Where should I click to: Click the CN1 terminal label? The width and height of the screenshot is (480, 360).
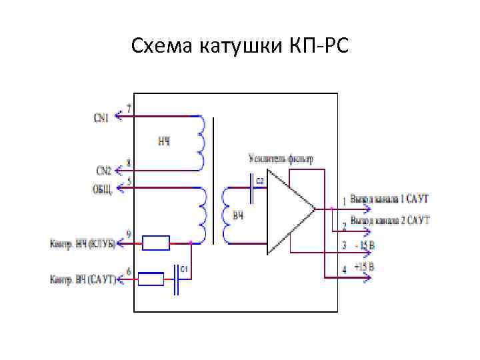click(101, 118)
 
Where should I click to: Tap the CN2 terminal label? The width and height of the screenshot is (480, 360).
click(103, 170)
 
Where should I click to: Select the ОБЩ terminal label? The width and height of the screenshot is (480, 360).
click(103, 188)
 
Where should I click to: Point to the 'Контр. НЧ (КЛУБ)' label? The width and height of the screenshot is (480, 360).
click(82, 244)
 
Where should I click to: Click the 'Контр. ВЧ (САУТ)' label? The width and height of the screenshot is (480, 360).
click(82, 279)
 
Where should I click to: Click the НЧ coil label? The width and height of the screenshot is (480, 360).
click(164, 141)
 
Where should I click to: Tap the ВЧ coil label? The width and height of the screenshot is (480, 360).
click(238, 216)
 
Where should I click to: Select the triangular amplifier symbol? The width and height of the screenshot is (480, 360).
click(288, 210)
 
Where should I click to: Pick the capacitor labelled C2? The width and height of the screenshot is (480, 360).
click(253, 189)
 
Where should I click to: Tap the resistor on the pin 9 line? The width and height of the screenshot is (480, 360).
click(157, 243)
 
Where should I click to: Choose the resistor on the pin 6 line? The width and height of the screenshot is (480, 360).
click(151, 279)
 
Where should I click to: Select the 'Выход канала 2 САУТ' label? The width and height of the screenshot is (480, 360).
click(390, 220)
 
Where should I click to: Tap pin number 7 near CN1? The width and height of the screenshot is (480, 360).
click(129, 108)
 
